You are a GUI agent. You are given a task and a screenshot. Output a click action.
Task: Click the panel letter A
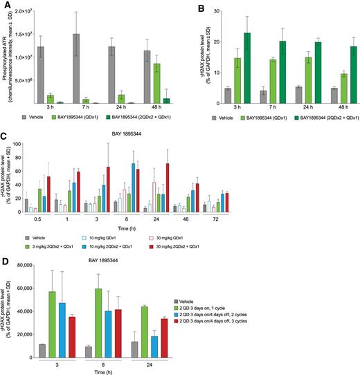pos(6,6)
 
